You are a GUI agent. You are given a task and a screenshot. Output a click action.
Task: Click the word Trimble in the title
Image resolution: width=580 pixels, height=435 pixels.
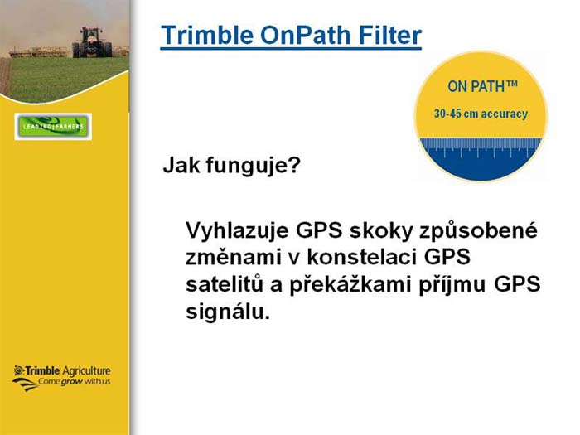pyautogui.click(x=207, y=35)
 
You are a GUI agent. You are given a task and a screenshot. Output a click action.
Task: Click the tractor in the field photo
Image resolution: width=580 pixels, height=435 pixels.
pyautogui.click(x=92, y=42)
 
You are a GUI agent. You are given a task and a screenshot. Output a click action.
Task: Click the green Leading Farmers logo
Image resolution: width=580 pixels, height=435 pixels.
pyautogui.click(x=53, y=127)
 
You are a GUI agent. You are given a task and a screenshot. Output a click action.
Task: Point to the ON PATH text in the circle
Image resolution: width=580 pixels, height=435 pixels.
pyautogui.click(x=482, y=86)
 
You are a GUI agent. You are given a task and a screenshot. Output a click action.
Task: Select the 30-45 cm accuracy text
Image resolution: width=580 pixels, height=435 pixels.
pyautogui.click(x=481, y=114)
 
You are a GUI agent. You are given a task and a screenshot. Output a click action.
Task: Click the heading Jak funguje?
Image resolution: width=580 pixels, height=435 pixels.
pyautogui.click(x=231, y=166)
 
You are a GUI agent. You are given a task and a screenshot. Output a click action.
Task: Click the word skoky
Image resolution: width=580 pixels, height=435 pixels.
pyautogui.click(x=381, y=230)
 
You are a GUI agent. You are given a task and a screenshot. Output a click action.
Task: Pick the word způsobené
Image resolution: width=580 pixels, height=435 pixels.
pyautogui.click(x=478, y=231)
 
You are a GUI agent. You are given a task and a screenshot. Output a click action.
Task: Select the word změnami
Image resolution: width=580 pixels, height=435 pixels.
pyautogui.click(x=233, y=257)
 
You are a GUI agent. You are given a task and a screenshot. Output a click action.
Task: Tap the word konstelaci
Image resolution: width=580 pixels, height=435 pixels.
pyautogui.click(x=362, y=257)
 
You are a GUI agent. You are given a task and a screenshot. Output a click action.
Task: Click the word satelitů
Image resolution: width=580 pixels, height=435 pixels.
pyautogui.click(x=225, y=284)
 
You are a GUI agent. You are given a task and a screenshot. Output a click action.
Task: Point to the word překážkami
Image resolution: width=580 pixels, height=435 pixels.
pyautogui.click(x=350, y=284)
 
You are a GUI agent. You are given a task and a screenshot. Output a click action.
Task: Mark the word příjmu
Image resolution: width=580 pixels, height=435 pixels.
pyautogui.click(x=452, y=285)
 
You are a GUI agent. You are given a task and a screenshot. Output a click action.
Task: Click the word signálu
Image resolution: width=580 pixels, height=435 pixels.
pyautogui.click(x=228, y=312)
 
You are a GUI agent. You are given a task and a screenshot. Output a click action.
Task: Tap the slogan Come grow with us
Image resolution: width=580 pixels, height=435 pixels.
pyautogui.click(x=75, y=382)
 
